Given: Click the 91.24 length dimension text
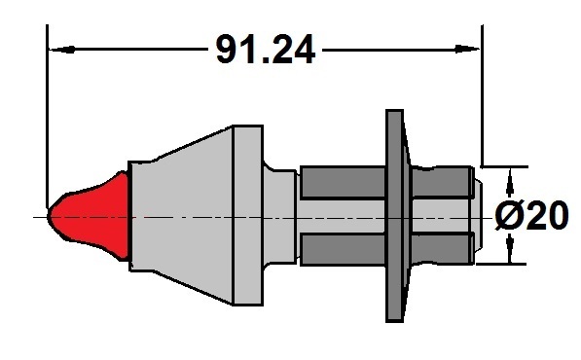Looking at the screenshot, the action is (266, 50).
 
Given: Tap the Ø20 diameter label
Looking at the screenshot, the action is (531, 216).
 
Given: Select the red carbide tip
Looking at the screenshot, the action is (89, 216).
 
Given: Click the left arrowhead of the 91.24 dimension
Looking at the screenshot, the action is (62, 50).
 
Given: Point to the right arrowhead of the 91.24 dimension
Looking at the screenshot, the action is (467, 49).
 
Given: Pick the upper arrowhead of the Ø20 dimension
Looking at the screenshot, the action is (510, 182).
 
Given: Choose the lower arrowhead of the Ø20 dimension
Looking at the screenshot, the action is (510, 248).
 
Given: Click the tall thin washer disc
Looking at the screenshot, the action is (395, 216).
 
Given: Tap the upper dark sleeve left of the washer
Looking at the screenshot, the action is (343, 183).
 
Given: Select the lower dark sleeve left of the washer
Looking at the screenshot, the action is (343, 249).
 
